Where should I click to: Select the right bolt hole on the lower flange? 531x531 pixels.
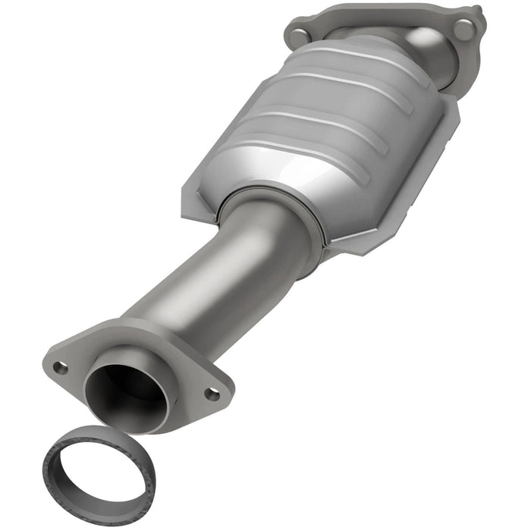point(212,394)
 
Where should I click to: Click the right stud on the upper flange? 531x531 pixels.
point(463,28)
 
